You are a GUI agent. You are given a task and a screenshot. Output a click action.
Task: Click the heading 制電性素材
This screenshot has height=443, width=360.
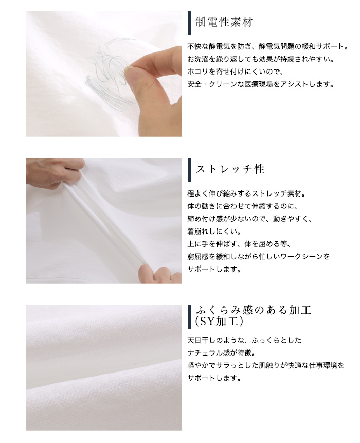pos(224,22)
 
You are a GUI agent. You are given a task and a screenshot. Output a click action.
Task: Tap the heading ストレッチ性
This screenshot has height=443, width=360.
pos(230,169)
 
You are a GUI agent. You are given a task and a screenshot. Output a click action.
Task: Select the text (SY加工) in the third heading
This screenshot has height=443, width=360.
pos(219,322)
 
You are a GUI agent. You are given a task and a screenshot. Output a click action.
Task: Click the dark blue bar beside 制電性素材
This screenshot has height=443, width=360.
pos(190,23)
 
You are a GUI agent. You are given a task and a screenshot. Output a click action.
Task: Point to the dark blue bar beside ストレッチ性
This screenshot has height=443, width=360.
pos(190,170)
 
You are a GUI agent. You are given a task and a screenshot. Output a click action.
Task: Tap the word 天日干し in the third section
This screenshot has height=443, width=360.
pos(202,340)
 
